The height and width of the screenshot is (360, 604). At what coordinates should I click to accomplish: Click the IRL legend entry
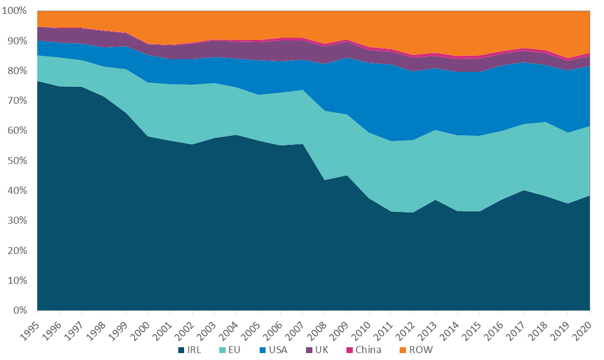193,350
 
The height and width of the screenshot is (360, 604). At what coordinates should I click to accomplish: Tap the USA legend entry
276,350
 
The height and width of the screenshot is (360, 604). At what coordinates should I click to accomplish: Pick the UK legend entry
321,350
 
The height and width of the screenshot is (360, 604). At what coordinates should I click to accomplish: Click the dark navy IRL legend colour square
181,350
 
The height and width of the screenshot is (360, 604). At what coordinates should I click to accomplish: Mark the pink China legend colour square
349,350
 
